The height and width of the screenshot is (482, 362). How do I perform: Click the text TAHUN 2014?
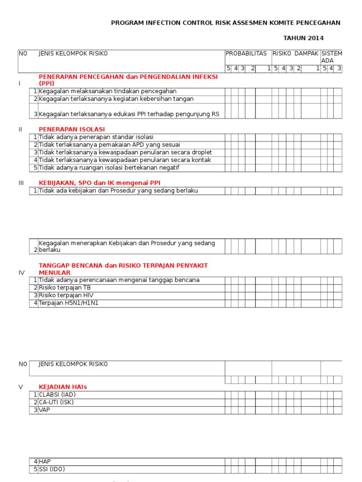coord(303,38)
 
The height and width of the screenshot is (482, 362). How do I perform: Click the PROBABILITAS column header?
coord(246,54)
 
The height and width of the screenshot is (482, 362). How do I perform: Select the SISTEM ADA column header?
coord(332,57)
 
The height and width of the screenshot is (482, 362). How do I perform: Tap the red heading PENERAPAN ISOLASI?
coord(72,129)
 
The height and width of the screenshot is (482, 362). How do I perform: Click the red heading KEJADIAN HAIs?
coord(63,387)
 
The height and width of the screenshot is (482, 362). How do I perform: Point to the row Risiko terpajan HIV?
coord(66,295)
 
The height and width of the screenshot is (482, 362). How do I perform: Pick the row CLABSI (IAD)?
coord(57,394)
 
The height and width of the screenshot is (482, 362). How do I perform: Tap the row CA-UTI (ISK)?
coord(56,402)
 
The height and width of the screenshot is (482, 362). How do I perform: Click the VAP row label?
coord(44,410)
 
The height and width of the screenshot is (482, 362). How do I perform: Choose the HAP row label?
coord(44,462)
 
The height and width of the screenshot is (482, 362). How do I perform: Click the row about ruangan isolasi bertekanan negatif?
coord(109,168)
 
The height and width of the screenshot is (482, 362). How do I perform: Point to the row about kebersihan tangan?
coord(116,99)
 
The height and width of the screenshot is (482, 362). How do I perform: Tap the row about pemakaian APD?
coord(109,145)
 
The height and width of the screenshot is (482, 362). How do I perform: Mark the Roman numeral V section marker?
coord(21,387)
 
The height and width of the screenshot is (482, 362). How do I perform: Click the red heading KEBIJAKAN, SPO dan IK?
coord(102,183)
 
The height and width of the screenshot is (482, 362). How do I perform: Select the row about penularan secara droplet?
coord(125,153)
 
